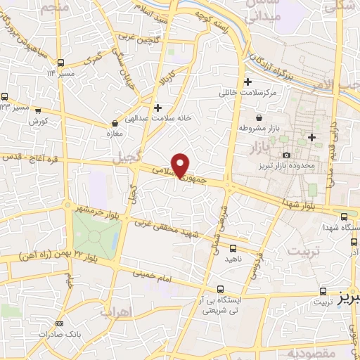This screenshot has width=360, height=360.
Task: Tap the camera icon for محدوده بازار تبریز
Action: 286,154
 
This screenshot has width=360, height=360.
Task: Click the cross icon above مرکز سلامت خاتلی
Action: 248,81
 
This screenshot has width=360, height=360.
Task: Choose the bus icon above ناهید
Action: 233,247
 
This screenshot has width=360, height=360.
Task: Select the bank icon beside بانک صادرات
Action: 58,323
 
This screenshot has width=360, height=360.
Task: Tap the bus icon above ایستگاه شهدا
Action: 345,217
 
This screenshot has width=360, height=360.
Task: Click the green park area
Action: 94,235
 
